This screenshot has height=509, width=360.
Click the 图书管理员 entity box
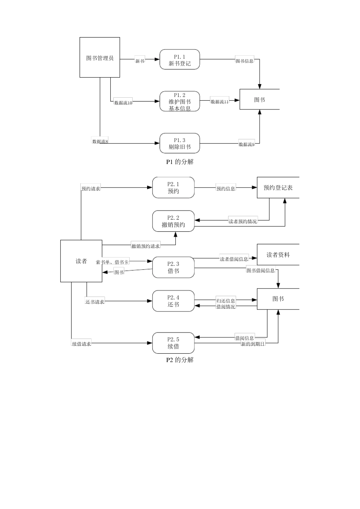(x=100, y=58)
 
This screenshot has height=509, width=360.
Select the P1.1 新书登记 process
(x=180, y=60)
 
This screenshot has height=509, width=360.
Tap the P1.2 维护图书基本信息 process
(x=180, y=101)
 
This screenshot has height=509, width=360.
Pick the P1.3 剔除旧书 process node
(x=180, y=144)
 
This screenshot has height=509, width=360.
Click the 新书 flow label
(x=140, y=61)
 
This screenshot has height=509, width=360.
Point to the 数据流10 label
(x=123, y=103)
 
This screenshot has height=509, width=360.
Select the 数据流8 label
(x=100, y=141)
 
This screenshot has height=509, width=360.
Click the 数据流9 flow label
(x=247, y=144)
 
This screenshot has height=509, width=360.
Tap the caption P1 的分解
(x=180, y=162)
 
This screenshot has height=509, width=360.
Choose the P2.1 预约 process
(x=173, y=187)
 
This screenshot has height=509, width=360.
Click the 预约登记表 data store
(x=278, y=187)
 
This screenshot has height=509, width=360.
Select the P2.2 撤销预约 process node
(x=173, y=221)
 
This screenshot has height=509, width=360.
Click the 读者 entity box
(x=81, y=261)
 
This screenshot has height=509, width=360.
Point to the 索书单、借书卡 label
(x=112, y=262)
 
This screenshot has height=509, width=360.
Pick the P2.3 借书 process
(x=173, y=267)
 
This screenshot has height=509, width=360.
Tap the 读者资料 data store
(x=278, y=255)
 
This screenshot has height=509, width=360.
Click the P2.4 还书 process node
(x=173, y=301)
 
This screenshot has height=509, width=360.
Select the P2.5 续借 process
(x=173, y=343)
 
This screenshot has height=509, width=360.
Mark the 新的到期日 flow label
(x=253, y=344)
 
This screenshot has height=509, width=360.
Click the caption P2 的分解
(x=180, y=360)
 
